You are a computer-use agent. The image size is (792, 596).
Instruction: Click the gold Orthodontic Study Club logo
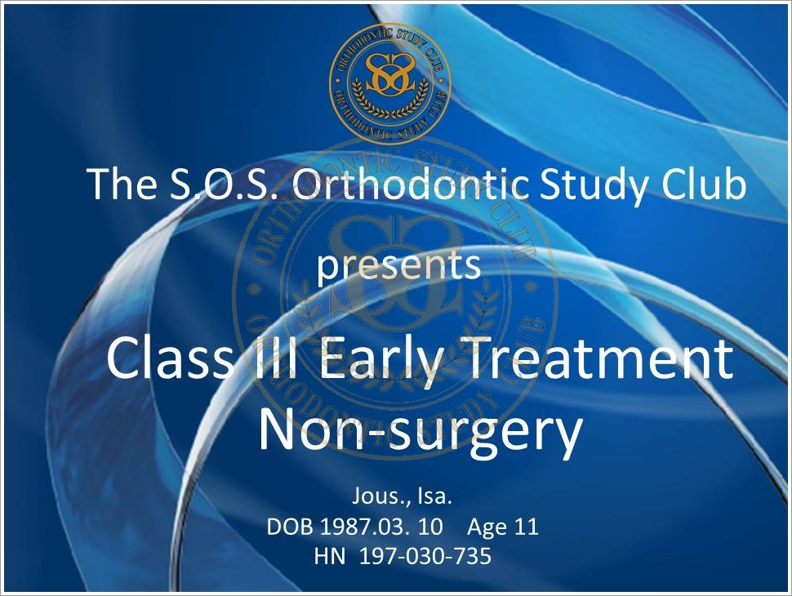click(390, 84)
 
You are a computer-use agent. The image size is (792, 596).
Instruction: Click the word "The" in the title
click(122, 184)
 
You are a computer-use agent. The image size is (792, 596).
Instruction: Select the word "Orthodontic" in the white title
click(410, 184)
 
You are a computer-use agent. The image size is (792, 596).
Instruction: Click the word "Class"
click(169, 358)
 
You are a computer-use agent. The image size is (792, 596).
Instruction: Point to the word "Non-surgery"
click(420, 431)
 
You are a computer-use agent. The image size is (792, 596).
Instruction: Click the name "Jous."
click(381, 496)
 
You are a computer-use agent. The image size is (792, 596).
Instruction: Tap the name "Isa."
click(434, 496)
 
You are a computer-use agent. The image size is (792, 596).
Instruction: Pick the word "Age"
click(487, 527)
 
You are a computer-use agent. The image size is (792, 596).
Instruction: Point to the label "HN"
click(330, 556)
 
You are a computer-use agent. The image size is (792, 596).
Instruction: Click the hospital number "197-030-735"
click(425, 556)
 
